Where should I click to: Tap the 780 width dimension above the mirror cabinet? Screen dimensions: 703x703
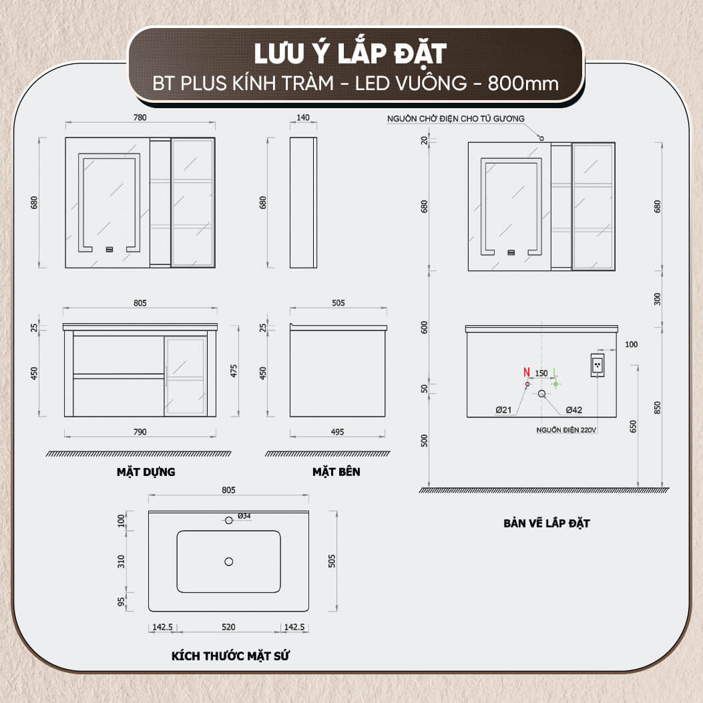(x=140, y=118)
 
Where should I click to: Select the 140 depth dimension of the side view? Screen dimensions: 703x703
(x=303, y=118)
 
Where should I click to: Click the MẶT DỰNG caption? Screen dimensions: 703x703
(x=146, y=472)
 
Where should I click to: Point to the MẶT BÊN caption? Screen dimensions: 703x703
(x=336, y=472)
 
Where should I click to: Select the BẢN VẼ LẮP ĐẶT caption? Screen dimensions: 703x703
(x=546, y=523)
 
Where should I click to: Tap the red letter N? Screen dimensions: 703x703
(x=527, y=373)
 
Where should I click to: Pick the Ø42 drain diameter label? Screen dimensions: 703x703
(x=573, y=410)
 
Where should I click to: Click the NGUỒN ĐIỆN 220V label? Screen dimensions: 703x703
(x=566, y=430)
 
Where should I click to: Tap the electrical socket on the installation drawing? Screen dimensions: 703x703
(x=598, y=365)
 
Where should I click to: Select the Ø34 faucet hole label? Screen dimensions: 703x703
(x=244, y=516)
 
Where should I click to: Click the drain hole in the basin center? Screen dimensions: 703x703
(x=229, y=561)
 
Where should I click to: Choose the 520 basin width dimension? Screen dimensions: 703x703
(x=229, y=627)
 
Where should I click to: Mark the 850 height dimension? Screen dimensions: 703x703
(x=658, y=407)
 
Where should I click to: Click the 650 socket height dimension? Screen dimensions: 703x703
(x=634, y=426)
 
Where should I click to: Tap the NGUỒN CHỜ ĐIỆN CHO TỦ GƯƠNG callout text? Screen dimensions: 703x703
(x=456, y=119)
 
